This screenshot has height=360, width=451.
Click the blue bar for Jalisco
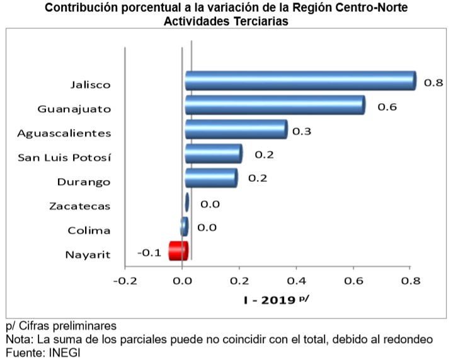coord(300,81)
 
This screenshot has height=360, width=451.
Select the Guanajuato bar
coord(275,105)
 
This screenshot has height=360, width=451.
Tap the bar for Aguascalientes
coord(236,130)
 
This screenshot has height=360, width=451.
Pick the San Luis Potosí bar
coord(213,154)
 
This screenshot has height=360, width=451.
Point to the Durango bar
coord(210,177)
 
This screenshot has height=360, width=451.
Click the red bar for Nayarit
coord(178,250)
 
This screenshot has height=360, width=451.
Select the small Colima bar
coord(184,227)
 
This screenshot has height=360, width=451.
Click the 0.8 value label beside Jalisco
coord(433,82)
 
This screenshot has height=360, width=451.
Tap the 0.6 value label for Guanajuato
coord(386,107)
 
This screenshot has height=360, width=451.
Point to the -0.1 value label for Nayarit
coord(150,253)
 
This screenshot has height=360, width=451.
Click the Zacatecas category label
coord(79,206)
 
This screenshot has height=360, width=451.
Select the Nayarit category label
coord(88,254)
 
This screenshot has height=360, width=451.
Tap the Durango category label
coord(84,182)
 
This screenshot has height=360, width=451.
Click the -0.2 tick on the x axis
coord(125,280)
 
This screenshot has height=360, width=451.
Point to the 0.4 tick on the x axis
coord(296,280)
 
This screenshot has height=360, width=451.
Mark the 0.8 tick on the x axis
coord(410,280)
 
